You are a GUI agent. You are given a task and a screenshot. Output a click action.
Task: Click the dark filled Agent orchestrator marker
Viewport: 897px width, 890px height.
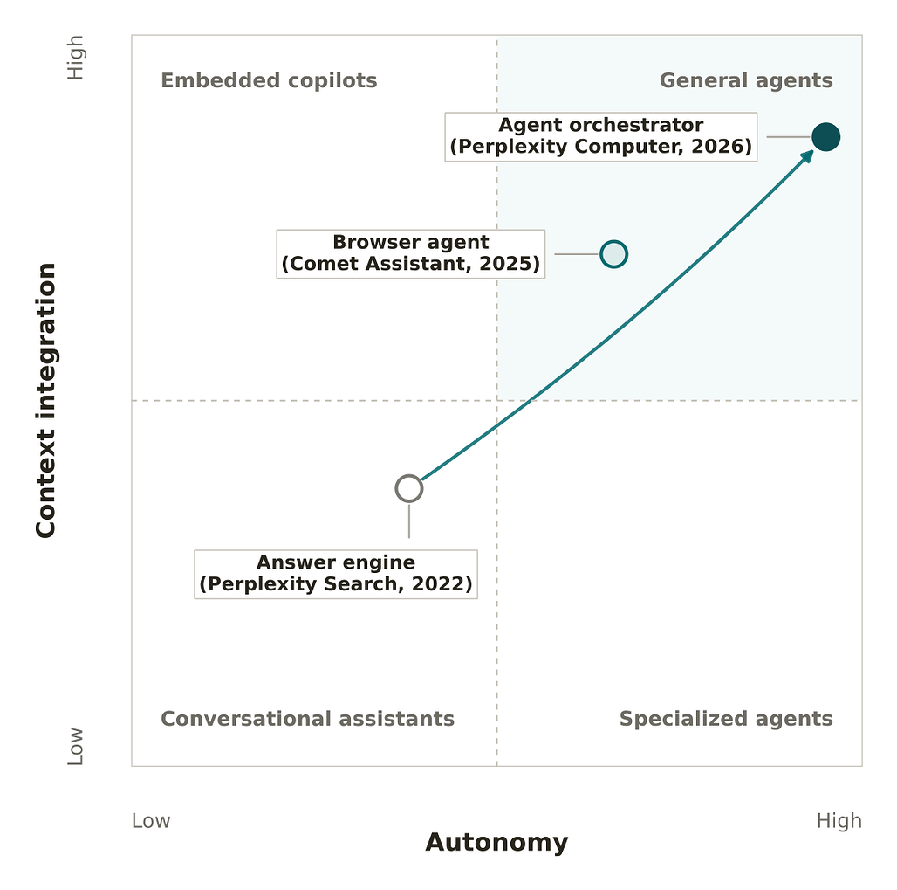(x=825, y=137)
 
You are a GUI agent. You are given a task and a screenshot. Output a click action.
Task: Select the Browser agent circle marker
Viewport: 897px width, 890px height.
(x=613, y=254)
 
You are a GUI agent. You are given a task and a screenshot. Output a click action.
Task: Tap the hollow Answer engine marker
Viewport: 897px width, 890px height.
(x=409, y=488)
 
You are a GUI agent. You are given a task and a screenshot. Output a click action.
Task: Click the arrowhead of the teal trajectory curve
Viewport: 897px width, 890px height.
(x=807, y=155)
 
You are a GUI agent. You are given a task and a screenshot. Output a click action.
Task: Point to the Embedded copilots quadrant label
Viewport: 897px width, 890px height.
(x=269, y=80)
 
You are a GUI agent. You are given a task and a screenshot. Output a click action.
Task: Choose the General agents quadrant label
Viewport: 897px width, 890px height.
(x=746, y=80)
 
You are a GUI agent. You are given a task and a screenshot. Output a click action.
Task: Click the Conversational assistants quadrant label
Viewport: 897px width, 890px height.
(x=307, y=719)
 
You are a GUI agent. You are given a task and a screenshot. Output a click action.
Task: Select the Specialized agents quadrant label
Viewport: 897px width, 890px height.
(x=726, y=719)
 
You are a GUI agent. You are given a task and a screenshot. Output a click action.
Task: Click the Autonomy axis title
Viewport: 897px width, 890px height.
(x=496, y=843)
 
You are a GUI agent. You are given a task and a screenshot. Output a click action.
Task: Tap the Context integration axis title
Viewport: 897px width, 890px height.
(x=45, y=400)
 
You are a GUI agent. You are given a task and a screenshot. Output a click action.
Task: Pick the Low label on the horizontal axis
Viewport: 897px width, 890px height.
(x=151, y=821)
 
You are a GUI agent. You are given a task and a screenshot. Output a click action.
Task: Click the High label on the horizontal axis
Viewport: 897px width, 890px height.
(x=839, y=821)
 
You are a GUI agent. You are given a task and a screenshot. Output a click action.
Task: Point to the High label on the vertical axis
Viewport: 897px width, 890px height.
(x=76, y=58)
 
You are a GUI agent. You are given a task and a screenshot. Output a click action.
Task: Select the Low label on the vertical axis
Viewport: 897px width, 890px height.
(x=76, y=746)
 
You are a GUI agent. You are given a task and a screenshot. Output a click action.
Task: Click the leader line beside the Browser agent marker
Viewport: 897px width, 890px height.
(x=576, y=254)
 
